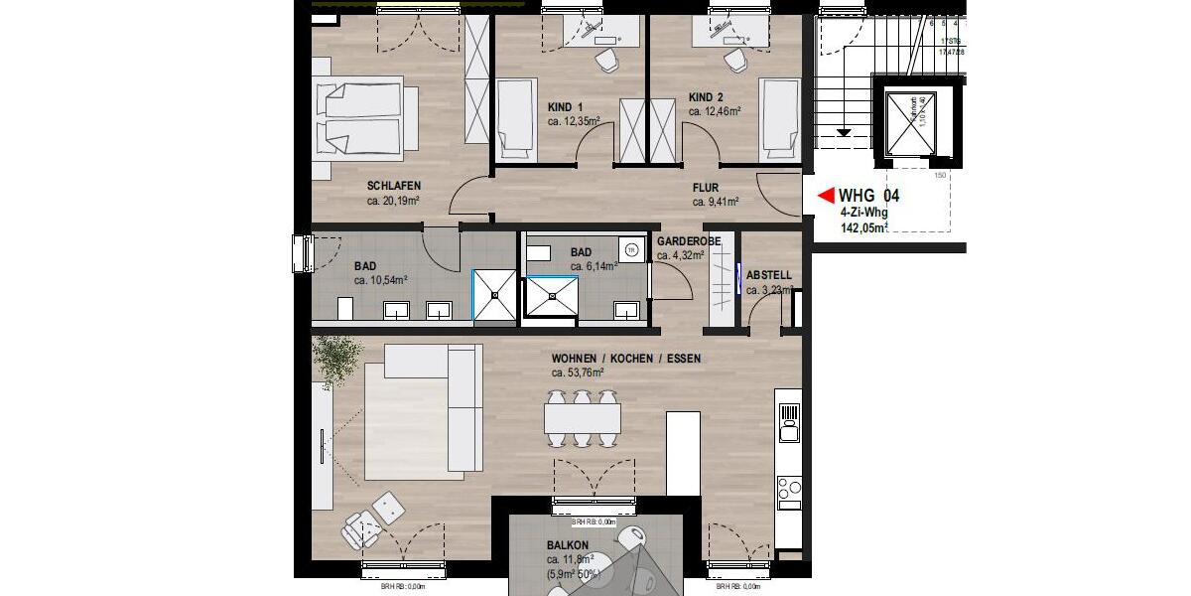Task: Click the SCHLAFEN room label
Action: tap(394, 186)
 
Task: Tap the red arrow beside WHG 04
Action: tap(823, 197)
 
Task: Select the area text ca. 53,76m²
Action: tap(578, 373)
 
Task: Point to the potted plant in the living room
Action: tap(337, 360)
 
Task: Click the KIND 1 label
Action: tap(566, 107)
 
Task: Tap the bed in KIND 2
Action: tap(779, 119)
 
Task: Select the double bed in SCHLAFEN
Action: tap(357, 119)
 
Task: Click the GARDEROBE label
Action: tap(681, 241)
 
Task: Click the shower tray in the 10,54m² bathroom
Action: tap(494, 296)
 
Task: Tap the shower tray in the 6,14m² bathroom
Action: tap(550, 296)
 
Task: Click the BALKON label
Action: tap(568, 545)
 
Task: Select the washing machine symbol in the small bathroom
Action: tap(629, 249)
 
